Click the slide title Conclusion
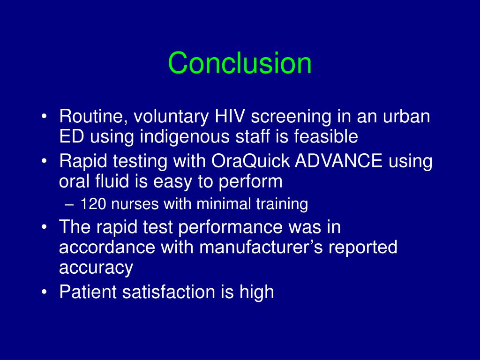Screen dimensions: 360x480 pos(240,63)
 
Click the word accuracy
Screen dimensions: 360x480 pos(96,268)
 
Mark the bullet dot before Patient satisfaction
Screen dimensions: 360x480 pos(44,292)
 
